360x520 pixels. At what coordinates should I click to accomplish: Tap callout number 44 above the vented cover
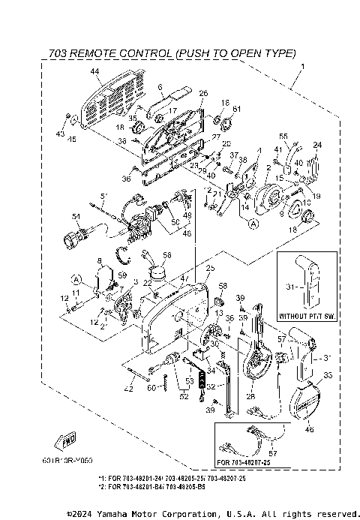94,72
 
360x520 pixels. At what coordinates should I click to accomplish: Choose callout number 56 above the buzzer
166,256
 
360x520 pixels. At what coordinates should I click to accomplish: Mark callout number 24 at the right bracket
316,145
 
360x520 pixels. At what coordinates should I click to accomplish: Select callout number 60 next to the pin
151,388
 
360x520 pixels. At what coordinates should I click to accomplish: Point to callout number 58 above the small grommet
223,286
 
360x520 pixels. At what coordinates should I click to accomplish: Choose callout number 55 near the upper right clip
283,136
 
